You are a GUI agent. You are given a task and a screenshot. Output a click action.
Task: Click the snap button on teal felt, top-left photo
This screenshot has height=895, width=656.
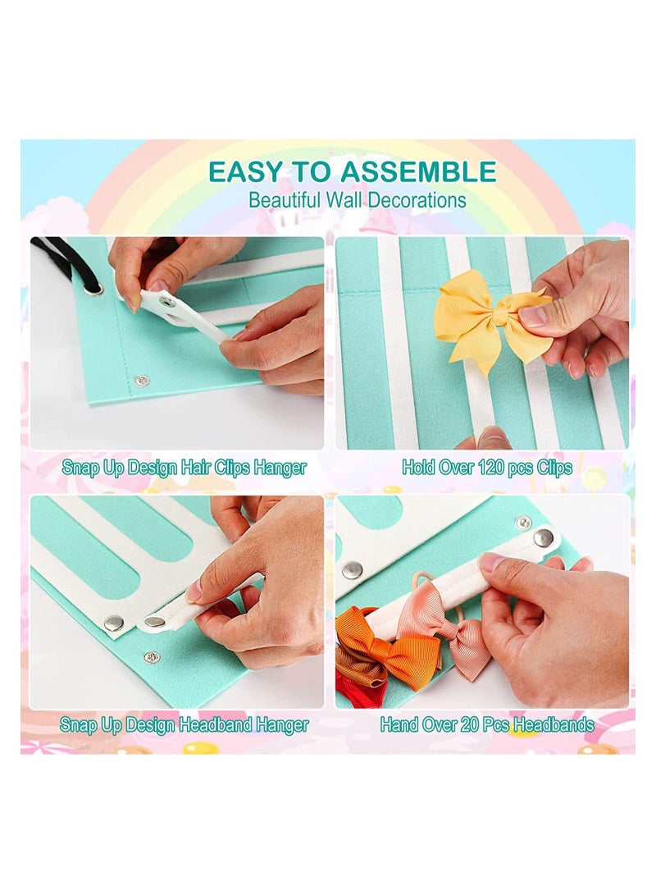click(x=142, y=381)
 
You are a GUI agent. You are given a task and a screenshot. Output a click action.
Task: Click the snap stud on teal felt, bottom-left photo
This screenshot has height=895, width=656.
click(x=152, y=657)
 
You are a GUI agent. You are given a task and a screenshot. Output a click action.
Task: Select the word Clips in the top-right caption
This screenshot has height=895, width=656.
click(x=550, y=468)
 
